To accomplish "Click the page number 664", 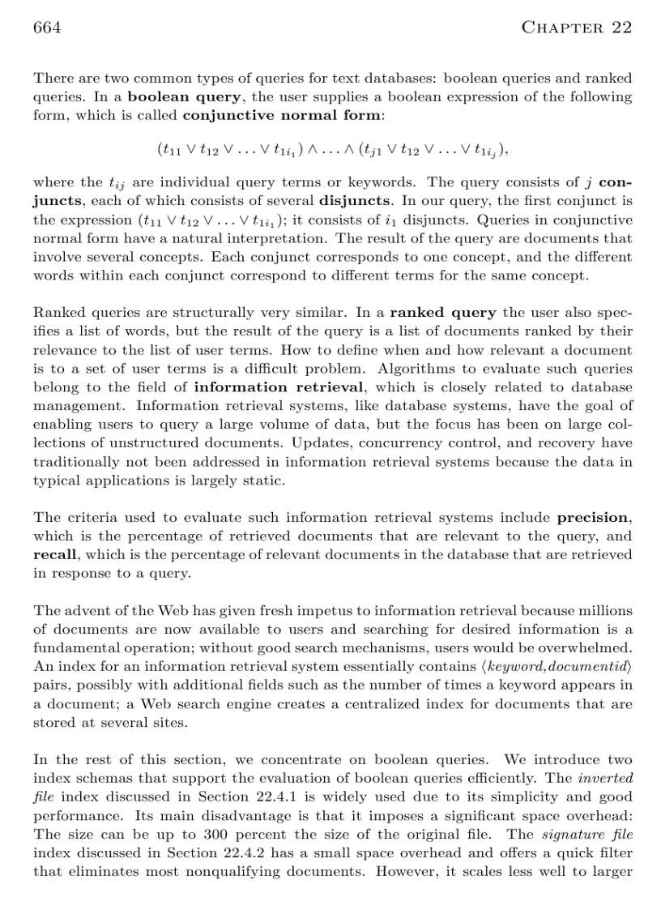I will [x=47, y=28].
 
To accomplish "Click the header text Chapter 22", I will [x=576, y=28].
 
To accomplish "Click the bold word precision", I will [x=593, y=518].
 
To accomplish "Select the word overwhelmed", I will [x=589, y=647].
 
